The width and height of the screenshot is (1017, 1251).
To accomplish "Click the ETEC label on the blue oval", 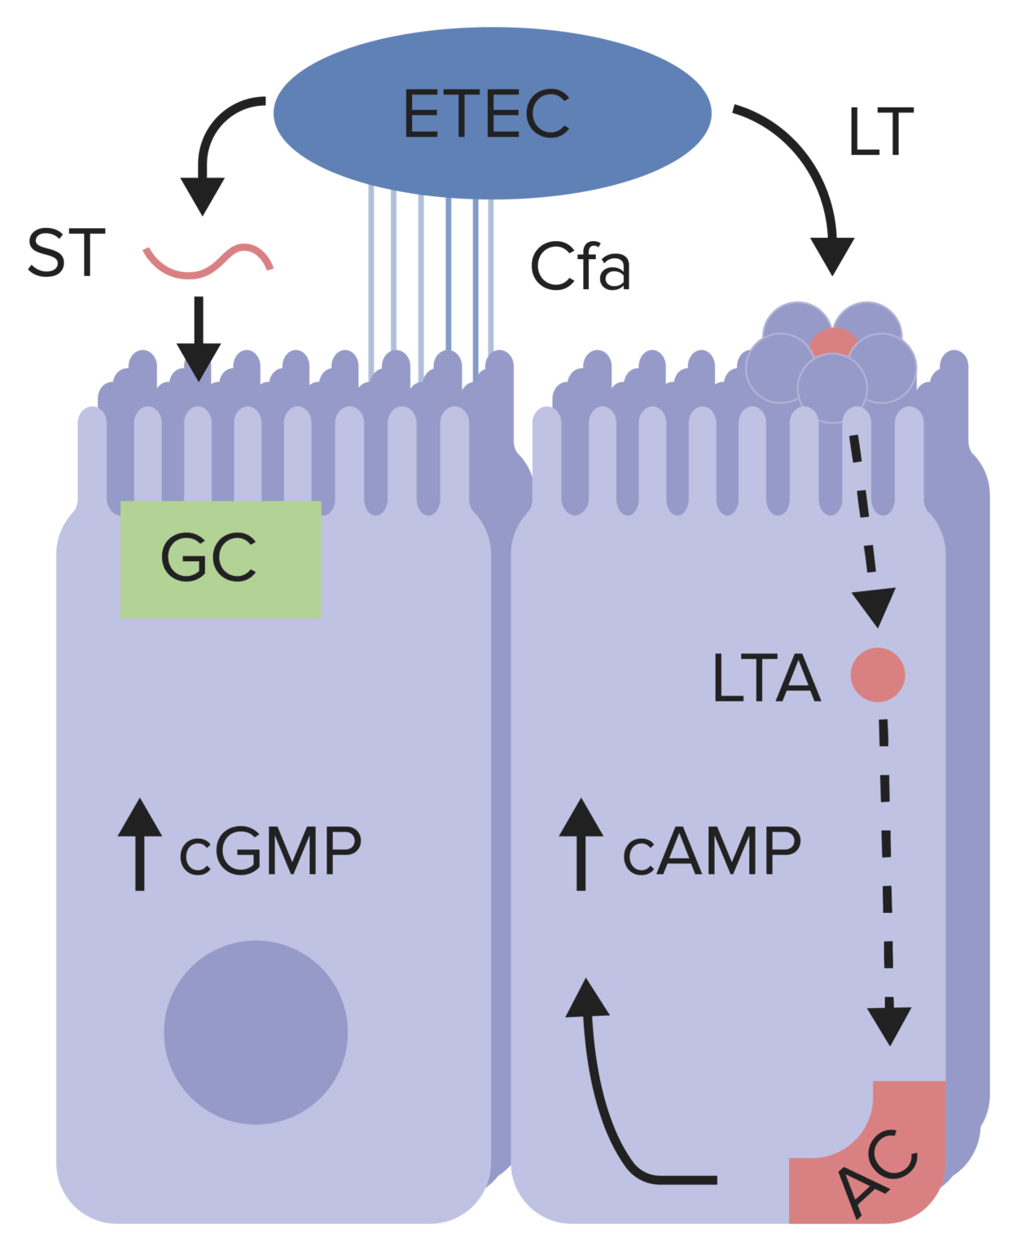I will pos(486,114).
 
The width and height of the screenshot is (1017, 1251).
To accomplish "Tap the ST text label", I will pos(67,253).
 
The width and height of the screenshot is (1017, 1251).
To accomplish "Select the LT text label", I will pos(880,132).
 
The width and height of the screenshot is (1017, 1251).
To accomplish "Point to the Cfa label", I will pos(580,266).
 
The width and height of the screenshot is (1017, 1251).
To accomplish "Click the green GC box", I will pos(220,560).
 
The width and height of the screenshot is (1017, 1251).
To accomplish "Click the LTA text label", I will pos(765,678).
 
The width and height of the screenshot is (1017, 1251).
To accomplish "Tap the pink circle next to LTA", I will pos(878,674).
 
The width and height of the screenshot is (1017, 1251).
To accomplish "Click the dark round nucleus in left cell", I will pos(256,1033).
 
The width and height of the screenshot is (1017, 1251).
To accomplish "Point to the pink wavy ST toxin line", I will pos(208,261).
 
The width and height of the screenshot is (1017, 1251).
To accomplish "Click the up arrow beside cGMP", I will pos(139,844).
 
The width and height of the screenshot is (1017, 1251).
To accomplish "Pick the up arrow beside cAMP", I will pos(581,844).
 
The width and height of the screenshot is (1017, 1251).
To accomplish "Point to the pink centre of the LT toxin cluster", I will pos(832,343).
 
